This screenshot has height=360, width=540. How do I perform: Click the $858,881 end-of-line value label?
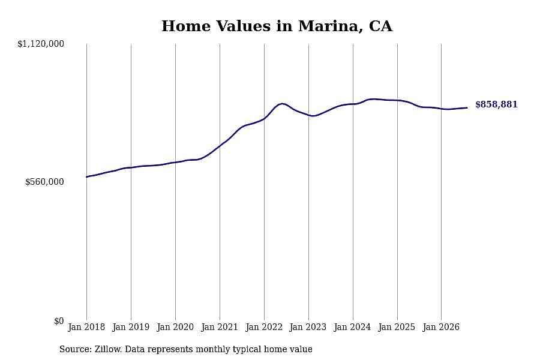pos(496,104)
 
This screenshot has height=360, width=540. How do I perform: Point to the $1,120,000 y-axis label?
pos(41,44)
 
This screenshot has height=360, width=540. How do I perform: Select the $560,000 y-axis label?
pos(44,182)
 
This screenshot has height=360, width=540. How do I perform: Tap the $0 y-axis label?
pos(59,321)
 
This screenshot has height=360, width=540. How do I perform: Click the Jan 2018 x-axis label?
pos(86,327)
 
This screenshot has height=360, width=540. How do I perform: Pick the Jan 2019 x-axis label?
pos(131,327)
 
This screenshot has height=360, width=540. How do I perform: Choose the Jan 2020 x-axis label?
pos(175,327)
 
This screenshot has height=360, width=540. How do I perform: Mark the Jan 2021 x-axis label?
pos(220,327)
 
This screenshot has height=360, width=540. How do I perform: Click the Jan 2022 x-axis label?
pos(264,327)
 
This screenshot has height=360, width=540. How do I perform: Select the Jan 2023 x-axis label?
pos(308,327)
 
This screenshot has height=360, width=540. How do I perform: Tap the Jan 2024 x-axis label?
pos(352,327)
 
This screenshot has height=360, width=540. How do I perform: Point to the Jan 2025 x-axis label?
pos(397,327)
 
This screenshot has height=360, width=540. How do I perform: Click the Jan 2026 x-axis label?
pos(441,327)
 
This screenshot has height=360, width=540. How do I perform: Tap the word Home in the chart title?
pos(186,26)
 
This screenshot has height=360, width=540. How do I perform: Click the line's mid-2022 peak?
pos(283,103)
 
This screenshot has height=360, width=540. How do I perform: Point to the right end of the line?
pos(467,108)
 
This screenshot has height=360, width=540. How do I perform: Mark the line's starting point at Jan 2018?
pos(86,177)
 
